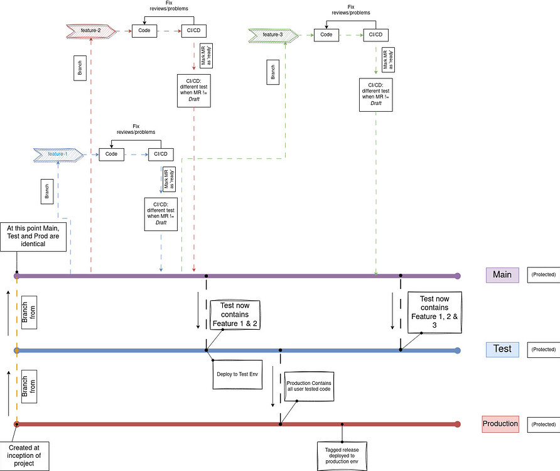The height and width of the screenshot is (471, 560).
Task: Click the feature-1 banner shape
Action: [58, 153]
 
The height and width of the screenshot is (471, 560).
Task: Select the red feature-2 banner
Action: [92, 30]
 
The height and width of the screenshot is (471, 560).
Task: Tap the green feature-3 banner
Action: [272, 35]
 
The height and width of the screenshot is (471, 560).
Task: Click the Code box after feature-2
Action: [144, 30]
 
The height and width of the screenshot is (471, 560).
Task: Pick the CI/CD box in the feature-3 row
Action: [375, 35]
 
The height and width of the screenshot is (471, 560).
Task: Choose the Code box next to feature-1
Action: [111, 154]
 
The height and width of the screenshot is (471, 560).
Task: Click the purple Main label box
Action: [502, 274]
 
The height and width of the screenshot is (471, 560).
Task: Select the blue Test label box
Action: [502, 349]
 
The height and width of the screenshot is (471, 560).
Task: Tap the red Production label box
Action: [500, 424]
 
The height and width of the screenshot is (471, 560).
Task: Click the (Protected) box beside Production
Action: [543, 425]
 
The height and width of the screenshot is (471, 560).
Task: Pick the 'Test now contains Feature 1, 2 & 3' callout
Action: [434, 313]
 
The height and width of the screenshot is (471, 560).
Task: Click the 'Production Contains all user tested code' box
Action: [308, 386]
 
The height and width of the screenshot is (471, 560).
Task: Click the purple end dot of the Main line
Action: [458, 276]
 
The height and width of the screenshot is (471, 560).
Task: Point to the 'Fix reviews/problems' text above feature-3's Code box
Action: [350, 9]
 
